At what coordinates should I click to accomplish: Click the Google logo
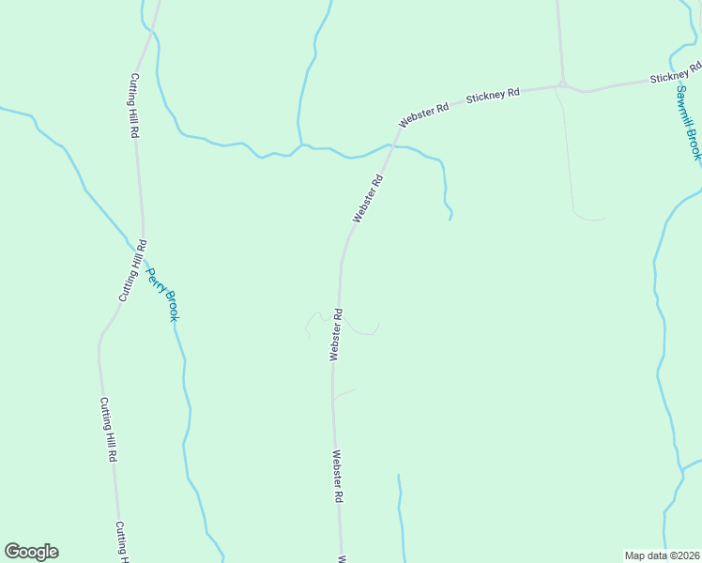pos(31,552)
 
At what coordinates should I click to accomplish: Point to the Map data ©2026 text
pos(662,555)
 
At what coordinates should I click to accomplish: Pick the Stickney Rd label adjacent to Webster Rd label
pos(493,95)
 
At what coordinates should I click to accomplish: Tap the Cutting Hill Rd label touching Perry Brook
pos(132,270)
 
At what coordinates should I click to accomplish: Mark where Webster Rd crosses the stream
pos(391,146)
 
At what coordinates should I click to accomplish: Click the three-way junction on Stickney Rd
pos(563,84)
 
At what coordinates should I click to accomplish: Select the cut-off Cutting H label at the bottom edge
pos(122,541)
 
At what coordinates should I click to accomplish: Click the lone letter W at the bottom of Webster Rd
pos(342,558)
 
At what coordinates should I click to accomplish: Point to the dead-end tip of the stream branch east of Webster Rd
pos(450,219)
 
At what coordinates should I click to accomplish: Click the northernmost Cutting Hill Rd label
pos(134,106)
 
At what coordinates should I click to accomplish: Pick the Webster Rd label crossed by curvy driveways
pos(335,334)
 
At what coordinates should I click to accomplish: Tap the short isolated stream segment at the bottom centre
pos(401,516)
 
